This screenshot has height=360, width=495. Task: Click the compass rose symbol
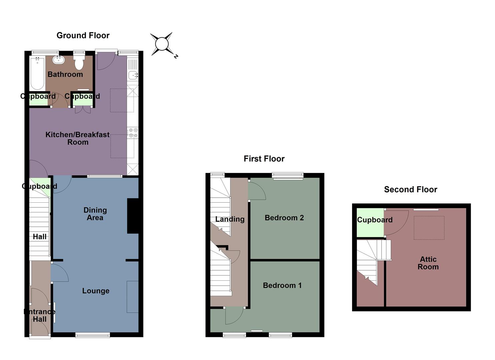click(162, 44)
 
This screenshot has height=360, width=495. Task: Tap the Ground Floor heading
click(83, 35)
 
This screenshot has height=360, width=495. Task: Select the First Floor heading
click(264, 159)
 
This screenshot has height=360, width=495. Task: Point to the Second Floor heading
click(410, 189)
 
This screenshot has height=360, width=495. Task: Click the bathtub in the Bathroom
click(37, 73)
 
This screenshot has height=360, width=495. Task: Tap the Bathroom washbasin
click(58, 60)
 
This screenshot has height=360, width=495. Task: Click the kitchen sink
click(133, 75)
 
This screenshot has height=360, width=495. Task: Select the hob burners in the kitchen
click(133, 133)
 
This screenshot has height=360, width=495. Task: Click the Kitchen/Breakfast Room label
click(78, 138)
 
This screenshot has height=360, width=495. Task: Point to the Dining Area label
click(95, 214)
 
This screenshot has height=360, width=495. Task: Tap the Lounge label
click(96, 291)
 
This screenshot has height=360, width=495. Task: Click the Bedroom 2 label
click(284, 218)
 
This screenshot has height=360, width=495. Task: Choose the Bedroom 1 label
click(282, 285)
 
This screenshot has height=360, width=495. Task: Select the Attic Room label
click(428, 263)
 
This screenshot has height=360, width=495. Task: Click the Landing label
click(230, 219)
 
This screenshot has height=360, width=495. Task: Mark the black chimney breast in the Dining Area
click(133, 216)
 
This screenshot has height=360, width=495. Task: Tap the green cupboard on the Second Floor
click(370, 223)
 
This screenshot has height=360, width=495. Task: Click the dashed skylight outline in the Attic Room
click(429, 228)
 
